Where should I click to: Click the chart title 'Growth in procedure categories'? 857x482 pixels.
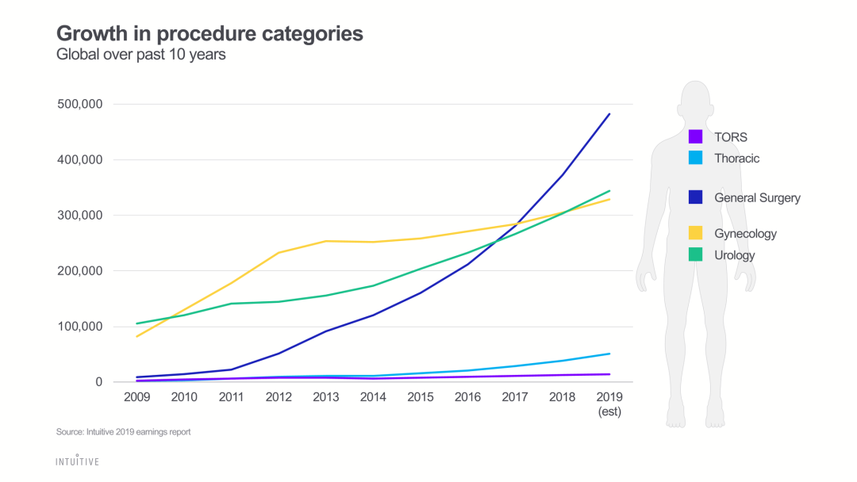click(209, 34)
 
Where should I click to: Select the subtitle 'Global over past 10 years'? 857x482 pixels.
click(141, 55)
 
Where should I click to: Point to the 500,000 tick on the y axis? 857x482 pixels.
click(80, 104)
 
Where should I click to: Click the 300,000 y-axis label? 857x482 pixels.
click(80, 215)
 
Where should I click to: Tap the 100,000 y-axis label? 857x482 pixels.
click(80, 327)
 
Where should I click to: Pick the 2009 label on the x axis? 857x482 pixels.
click(138, 396)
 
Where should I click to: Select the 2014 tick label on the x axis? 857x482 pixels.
click(373, 396)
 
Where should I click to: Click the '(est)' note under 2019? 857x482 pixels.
click(609, 411)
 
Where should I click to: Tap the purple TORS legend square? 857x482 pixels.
click(695, 136)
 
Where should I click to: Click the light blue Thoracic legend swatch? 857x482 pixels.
click(695, 158)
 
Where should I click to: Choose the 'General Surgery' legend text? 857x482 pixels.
click(757, 197)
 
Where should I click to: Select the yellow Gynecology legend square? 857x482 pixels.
click(695, 233)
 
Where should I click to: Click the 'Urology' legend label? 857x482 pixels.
click(734, 255)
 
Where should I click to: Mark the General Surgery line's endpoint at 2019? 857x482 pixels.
click(609, 114)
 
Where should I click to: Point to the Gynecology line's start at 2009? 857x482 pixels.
click(137, 336)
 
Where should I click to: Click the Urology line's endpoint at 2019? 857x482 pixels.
click(609, 191)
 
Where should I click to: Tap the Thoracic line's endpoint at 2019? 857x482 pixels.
click(609, 354)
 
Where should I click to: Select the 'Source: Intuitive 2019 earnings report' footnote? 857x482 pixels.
click(123, 432)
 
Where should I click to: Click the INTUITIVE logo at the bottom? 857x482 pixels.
click(77, 461)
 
